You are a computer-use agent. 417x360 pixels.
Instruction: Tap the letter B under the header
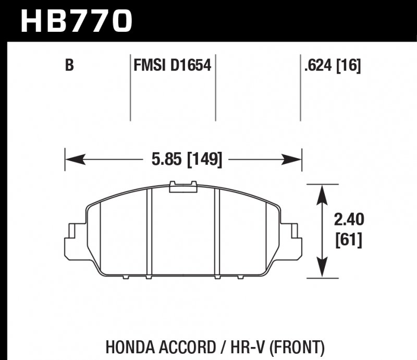68,66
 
